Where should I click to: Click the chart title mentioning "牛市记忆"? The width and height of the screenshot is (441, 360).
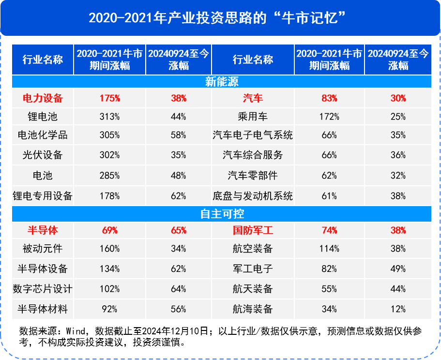pos(220,18)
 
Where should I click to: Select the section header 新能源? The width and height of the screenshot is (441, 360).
pos(222,82)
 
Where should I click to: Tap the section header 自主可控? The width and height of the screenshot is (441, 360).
pos(222,213)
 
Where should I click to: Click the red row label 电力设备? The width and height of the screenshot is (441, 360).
pos(43,98)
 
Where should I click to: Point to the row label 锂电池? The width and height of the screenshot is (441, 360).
pos(43,116)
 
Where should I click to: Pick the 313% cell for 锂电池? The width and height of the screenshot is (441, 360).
pos(110,117)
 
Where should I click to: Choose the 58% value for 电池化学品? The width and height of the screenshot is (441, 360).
pos(178,135)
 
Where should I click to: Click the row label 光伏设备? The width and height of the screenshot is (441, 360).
pos(43,155)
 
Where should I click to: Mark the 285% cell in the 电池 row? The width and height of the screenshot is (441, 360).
pos(110,176)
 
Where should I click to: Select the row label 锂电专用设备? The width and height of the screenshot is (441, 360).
pos(43,196)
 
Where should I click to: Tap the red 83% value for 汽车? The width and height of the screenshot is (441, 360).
pos(329,98)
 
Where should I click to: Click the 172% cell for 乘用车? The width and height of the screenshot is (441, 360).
pos(329,117)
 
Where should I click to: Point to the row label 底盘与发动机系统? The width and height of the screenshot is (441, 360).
pos(253,196)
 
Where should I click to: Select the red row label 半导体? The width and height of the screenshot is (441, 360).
pos(43,230)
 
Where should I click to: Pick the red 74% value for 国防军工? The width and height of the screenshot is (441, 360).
pos(329,230)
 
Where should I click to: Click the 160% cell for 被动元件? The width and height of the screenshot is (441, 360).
pos(110,249)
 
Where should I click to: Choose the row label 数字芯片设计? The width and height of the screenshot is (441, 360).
pos(43,289)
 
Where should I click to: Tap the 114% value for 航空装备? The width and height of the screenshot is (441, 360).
pos(329,249)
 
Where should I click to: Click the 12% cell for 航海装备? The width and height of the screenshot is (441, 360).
pos(398,309)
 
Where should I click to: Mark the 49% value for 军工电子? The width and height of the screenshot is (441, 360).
pos(398,269)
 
